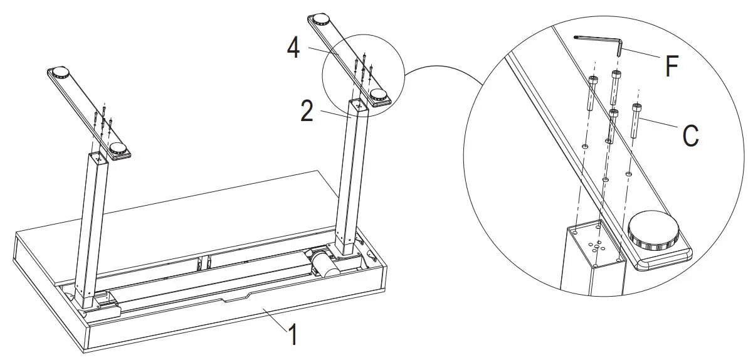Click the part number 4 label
pos(293,49)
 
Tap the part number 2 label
pos(307,111)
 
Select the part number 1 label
pos(294,334)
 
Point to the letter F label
pos(671,66)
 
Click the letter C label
pos(690,135)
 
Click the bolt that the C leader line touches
pos(636,121)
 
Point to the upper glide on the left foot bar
pos(59,71)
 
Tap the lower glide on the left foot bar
pos(117,148)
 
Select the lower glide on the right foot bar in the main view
pos(379,95)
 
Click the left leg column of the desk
pos(90,230)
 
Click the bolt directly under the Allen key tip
pos(616,88)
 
